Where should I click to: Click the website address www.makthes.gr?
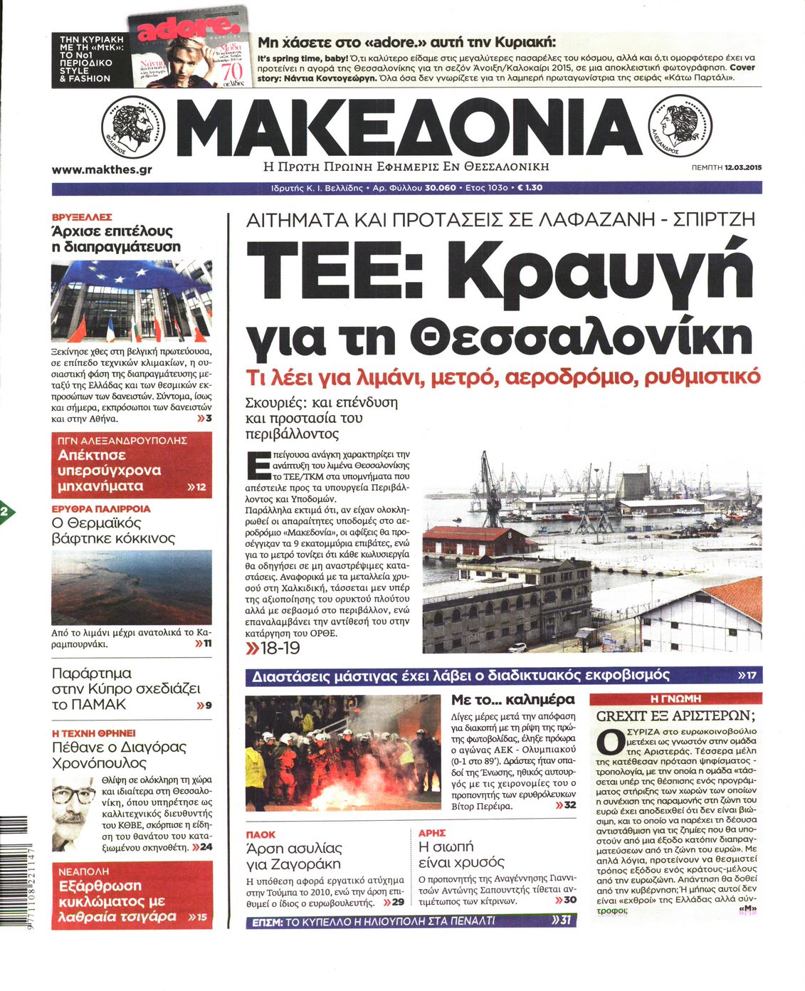[102, 170]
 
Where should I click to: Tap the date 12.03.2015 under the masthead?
[743, 168]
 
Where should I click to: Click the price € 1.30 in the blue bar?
[530, 188]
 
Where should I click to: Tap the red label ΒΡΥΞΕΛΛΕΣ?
[81, 217]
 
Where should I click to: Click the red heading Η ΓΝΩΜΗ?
[675, 698]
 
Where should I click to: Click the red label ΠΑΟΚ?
[261, 834]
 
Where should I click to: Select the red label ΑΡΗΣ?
[432, 832]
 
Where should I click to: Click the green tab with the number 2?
[5, 512]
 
